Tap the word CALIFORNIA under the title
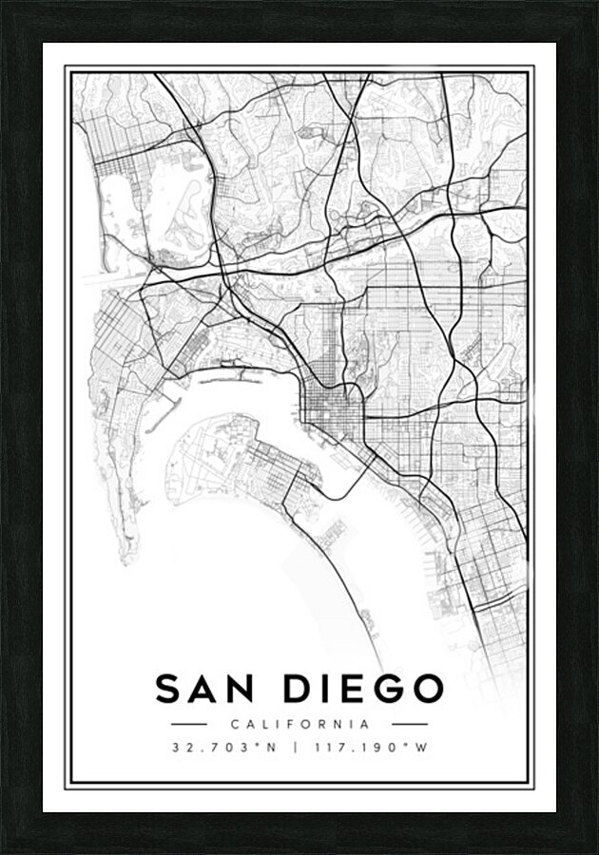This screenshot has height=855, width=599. tap(299, 723)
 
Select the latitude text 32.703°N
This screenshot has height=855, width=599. tap(223, 747)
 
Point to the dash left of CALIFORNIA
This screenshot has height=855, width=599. tap(189, 723)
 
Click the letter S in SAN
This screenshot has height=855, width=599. tap(169, 689)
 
